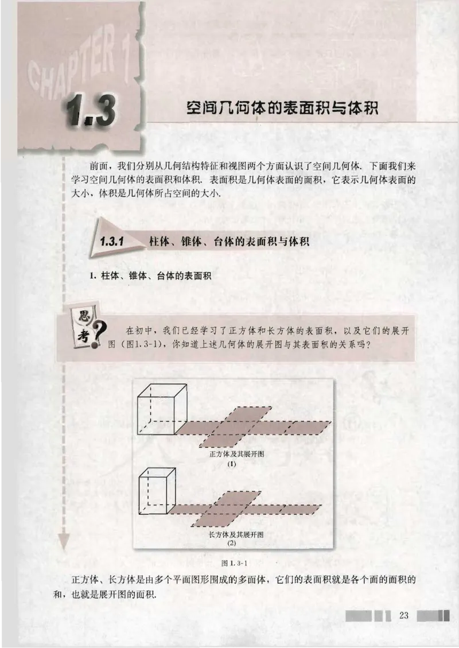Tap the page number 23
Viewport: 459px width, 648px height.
[403, 615]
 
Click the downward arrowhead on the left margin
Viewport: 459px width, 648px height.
[64, 541]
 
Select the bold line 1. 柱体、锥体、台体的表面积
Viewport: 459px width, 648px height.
[150, 276]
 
